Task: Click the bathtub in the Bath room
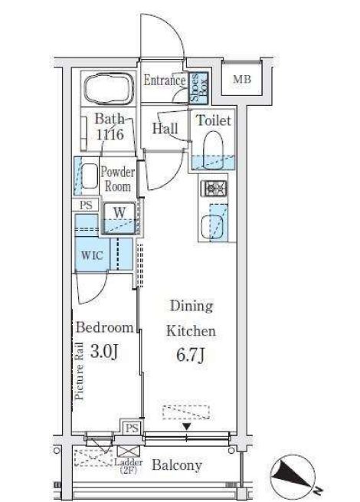(x=109, y=88)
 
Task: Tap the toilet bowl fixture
(x=213, y=150)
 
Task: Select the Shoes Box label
(x=198, y=87)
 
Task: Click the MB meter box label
(x=242, y=79)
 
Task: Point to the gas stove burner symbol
(x=214, y=189)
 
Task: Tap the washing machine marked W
(x=119, y=218)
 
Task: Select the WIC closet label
(x=92, y=255)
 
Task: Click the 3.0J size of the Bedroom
(x=104, y=351)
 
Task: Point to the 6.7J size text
(x=190, y=355)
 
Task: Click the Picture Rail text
(x=79, y=371)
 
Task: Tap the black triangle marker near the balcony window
(x=187, y=426)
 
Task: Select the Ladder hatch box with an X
(x=129, y=451)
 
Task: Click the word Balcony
(x=177, y=465)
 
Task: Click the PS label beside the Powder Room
(x=86, y=205)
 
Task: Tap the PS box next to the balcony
(x=132, y=428)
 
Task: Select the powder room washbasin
(x=90, y=176)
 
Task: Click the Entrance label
(x=164, y=80)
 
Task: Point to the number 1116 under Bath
(x=110, y=134)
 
